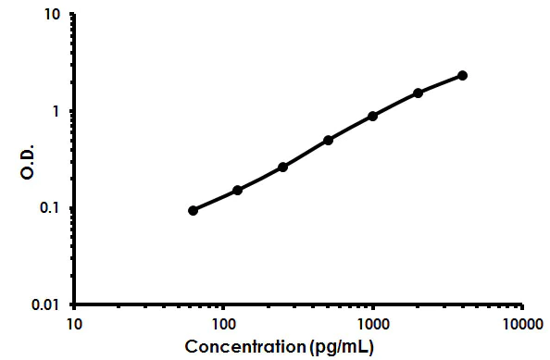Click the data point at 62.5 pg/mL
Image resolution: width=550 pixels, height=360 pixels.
click(193, 210)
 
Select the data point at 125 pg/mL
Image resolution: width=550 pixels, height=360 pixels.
click(238, 190)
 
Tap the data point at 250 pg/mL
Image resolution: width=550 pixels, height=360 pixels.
click(282, 167)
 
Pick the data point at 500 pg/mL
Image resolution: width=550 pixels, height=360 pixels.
click(328, 140)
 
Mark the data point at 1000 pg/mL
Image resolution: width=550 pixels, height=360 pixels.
click(372, 116)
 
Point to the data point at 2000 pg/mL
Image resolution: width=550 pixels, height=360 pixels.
click(419, 93)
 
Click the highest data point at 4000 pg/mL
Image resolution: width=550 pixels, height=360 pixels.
click(462, 75)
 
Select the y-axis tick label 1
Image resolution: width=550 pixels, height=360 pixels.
click(57, 111)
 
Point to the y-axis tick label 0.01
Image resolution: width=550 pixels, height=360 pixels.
click(47, 304)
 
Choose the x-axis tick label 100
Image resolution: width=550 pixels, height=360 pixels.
click(223, 324)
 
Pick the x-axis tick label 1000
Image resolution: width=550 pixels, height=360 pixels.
click(372, 324)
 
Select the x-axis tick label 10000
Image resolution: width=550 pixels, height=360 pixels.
click(522, 324)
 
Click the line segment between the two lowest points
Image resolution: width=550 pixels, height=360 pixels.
click(215, 200)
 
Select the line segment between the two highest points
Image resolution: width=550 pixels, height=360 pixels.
click(441, 83)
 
